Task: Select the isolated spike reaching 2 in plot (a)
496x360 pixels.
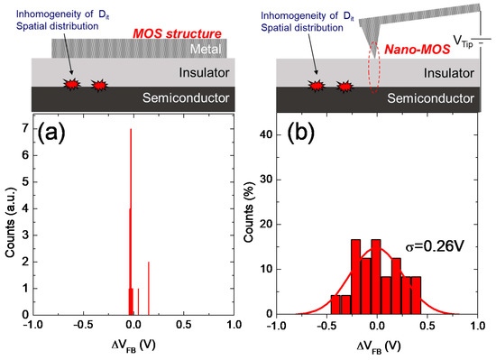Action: (149, 287)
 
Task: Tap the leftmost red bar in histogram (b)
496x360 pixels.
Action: (335, 304)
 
